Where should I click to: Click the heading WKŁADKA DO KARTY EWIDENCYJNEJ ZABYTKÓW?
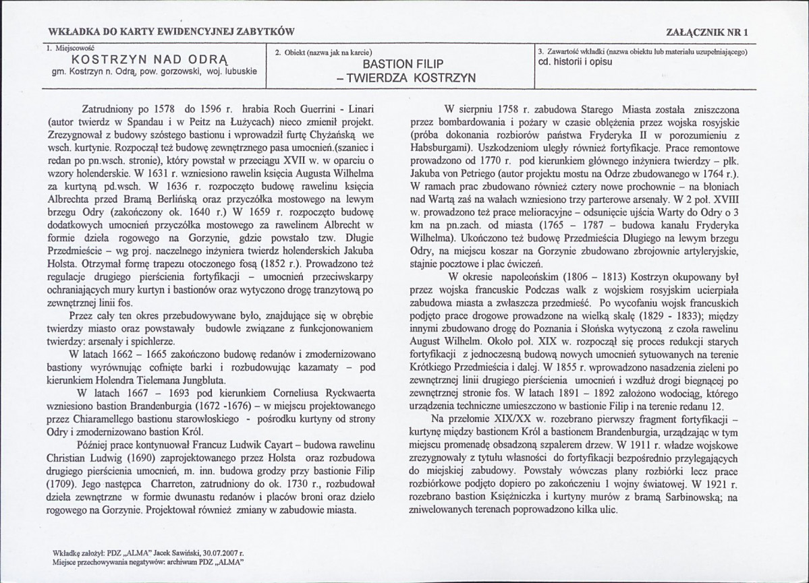171,32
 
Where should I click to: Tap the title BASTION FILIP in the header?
402,65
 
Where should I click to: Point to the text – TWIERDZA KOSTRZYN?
401,78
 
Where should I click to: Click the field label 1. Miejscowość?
70,48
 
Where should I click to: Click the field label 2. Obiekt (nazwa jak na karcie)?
325,52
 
